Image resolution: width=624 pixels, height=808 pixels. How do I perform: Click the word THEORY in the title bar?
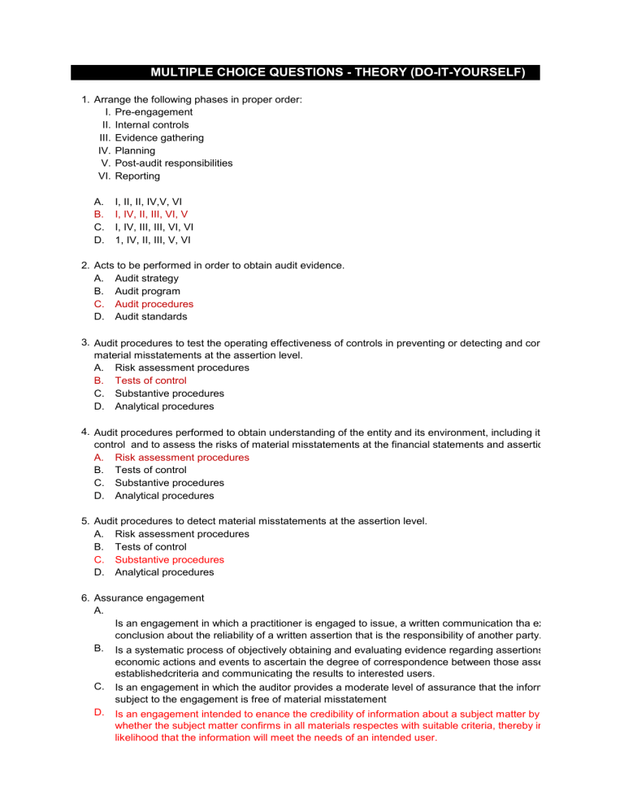coord(365,73)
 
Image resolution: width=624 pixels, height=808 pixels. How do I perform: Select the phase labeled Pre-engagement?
coord(154,112)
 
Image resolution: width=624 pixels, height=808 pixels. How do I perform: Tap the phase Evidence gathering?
coord(159,137)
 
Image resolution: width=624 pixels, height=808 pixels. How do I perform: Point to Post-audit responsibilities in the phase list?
coord(173,163)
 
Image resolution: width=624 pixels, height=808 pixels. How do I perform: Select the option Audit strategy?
coord(146,278)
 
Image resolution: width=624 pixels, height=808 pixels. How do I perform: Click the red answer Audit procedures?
coord(154,304)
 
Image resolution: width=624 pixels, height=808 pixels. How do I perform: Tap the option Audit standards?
coord(149,316)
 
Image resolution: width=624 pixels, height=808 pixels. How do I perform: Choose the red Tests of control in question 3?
coord(150,380)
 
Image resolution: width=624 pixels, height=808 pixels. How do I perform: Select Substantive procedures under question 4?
coord(169,483)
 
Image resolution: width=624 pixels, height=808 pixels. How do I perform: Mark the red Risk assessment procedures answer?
coord(181,457)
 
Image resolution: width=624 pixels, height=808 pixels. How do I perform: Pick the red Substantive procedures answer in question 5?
coord(169,559)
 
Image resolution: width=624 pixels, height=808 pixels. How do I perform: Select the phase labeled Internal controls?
coord(152,125)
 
